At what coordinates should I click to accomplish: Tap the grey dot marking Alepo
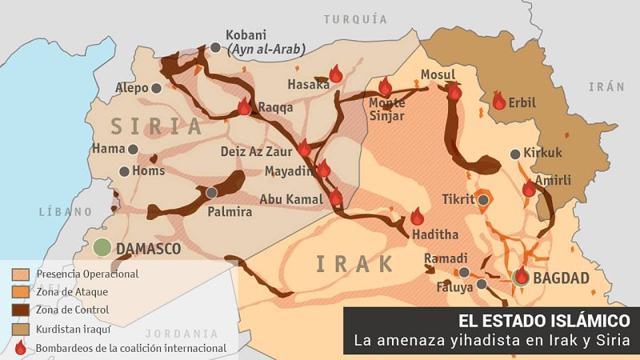pyautogui.click(x=156, y=87)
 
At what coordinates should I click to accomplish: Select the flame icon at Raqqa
pyautogui.click(x=244, y=107)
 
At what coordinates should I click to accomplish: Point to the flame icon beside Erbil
pyautogui.click(x=499, y=101)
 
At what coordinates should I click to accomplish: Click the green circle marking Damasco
pyautogui.click(x=101, y=248)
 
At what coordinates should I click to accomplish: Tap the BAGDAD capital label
pyautogui.click(x=561, y=278)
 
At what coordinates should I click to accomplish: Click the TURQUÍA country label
pyautogui.click(x=356, y=18)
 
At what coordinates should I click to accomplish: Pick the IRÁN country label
pyautogui.click(x=606, y=86)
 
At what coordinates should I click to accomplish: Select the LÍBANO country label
pyautogui.click(x=59, y=212)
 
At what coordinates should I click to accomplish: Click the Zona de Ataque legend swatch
pyautogui.click(x=21, y=292)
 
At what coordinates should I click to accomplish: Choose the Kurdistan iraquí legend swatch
pyautogui.click(x=21, y=329)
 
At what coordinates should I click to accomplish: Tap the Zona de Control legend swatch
pyautogui.click(x=21, y=310)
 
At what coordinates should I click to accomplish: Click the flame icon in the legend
pyautogui.click(x=21, y=348)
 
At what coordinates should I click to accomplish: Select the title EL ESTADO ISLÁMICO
pyautogui.click(x=544, y=320)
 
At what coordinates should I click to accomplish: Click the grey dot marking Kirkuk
pyautogui.click(x=514, y=154)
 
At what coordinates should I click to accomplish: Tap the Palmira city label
pyautogui.click(x=230, y=212)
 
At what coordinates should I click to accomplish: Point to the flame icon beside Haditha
pyautogui.click(x=417, y=217)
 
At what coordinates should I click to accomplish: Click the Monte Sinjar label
pyautogui.click(x=387, y=110)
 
